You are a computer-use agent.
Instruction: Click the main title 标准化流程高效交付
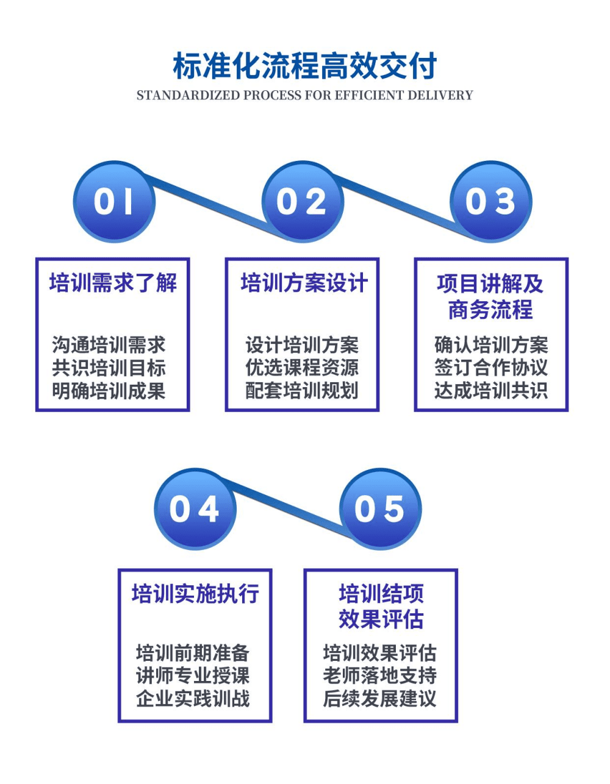click(x=305, y=66)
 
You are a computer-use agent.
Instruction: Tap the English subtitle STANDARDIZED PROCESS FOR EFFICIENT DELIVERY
click(x=305, y=95)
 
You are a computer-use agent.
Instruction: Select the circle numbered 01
click(x=114, y=202)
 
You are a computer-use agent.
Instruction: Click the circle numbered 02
click(x=303, y=202)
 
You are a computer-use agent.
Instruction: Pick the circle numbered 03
click(x=491, y=202)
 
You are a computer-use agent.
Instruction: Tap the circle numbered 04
click(x=195, y=509)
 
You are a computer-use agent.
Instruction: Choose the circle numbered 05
click(x=380, y=509)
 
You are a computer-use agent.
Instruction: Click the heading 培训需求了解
click(x=113, y=283)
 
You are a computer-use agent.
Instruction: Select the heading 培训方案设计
click(x=303, y=283)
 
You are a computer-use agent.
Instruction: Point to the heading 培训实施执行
click(x=195, y=593)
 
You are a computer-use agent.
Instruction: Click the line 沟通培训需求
click(x=109, y=345)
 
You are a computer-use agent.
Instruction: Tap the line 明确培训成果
click(x=109, y=391)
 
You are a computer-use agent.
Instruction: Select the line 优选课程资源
click(x=302, y=368)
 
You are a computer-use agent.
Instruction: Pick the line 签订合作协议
click(x=491, y=368)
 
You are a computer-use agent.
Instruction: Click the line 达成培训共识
click(x=491, y=391)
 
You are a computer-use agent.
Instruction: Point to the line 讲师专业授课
click(x=193, y=676)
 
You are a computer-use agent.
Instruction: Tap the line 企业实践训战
click(x=193, y=699)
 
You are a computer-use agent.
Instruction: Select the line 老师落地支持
click(x=380, y=676)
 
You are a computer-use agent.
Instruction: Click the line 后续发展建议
click(x=380, y=699)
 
